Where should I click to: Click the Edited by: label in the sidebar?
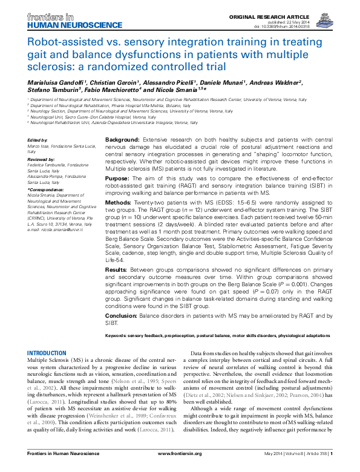tap(38, 140)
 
